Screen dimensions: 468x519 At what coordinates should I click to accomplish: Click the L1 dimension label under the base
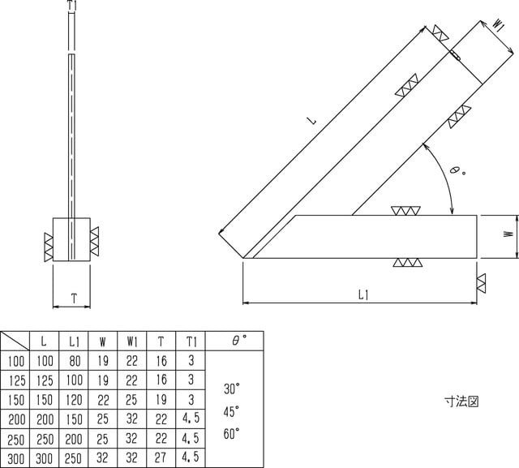(x=362, y=295)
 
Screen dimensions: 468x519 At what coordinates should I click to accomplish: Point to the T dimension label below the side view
(x=73, y=298)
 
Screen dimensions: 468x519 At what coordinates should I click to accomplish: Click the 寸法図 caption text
(x=462, y=401)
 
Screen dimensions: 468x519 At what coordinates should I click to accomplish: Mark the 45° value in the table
(x=232, y=410)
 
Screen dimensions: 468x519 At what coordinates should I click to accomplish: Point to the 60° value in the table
(x=232, y=433)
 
